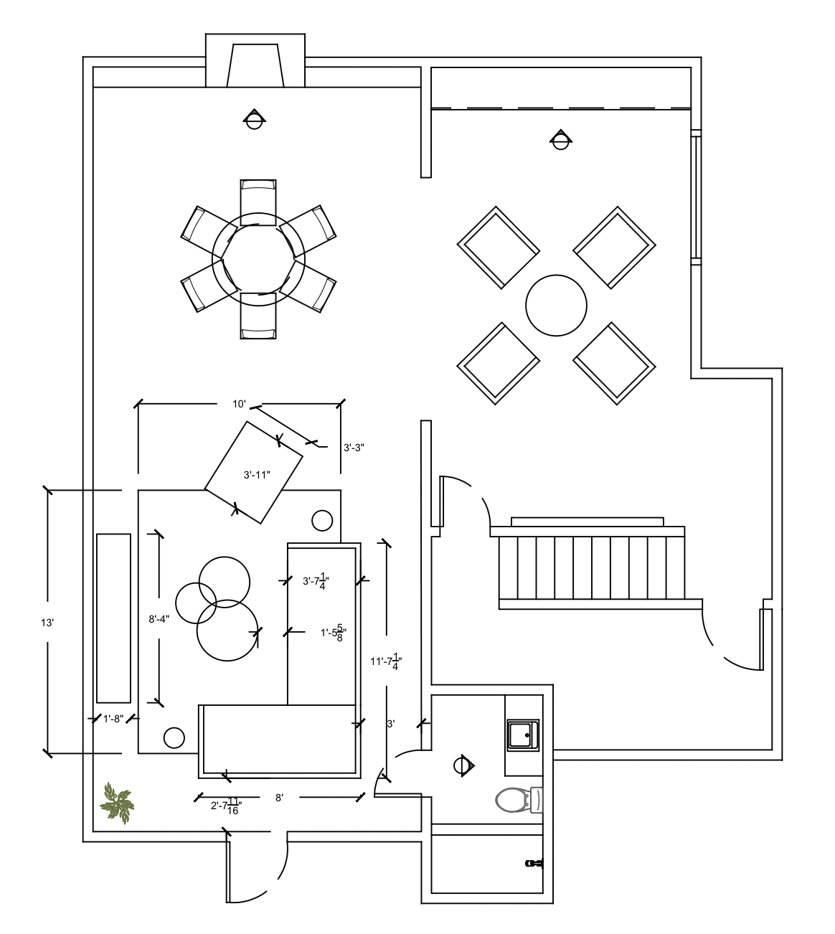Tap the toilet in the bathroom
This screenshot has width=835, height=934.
point(519,800)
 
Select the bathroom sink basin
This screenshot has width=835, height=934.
point(523,735)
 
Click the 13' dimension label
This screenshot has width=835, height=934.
point(47,623)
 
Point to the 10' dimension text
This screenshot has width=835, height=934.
point(239,405)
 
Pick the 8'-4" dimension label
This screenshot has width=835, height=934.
point(159,619)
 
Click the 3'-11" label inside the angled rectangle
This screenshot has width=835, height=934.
point(257,475)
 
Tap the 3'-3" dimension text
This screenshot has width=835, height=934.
point(354,448)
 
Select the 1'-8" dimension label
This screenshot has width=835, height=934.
point(113,719)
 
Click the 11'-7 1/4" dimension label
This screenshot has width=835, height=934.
point(387,661)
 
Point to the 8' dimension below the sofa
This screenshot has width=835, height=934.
point(279,798)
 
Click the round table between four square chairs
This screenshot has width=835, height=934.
point(556,305)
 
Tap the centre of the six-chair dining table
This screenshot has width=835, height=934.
point(258,259)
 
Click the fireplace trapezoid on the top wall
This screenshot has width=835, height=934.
point(255,65)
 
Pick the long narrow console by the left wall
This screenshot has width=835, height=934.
point(113,618)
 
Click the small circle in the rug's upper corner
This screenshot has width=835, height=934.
point(322,521)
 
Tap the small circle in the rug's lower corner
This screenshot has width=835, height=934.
point(174,738)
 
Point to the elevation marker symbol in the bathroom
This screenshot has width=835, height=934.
point(464,765)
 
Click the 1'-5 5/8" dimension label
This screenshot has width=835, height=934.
point(334,633)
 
